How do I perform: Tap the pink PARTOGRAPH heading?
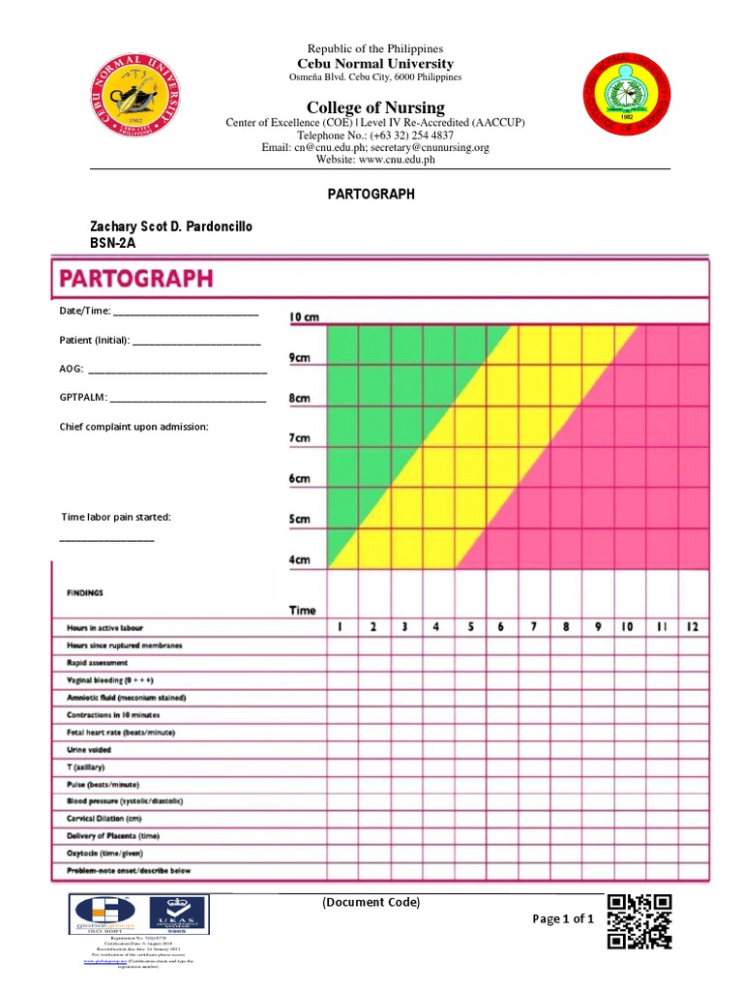(136, 280)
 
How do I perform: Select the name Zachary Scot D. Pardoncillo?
(171, 225)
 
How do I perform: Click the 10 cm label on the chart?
(304, 317)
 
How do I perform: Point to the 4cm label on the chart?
(300, 560)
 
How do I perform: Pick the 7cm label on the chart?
(300, 438)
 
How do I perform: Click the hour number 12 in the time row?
(692, 627)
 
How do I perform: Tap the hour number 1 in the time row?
(341, 627)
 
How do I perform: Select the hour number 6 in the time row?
(501, 627)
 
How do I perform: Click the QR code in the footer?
(639, 920)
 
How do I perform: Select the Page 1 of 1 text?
(562, 919)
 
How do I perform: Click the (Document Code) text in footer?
(371, 903)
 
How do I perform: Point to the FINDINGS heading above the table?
(84, 592)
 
